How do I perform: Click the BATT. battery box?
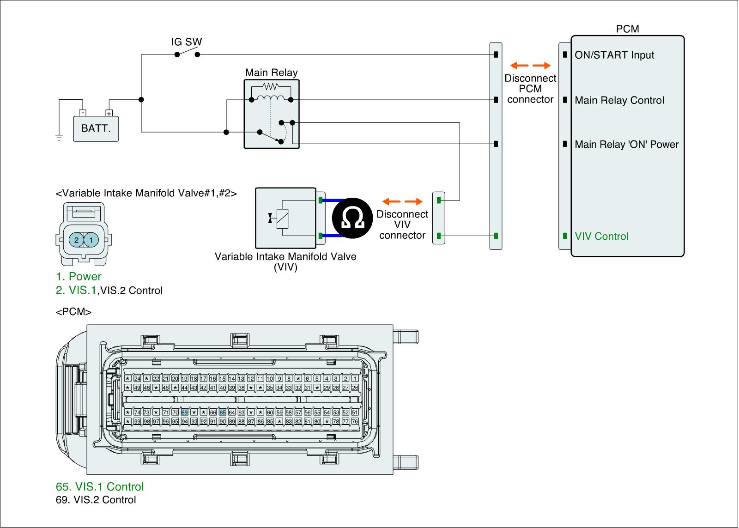tap(96, 128)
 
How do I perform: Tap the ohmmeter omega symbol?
tap(352, 218)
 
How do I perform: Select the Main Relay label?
tap(271, 73)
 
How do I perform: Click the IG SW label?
tap(187, 42)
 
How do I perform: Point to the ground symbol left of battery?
tap(59, 137)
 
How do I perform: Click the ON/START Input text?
tap(614, 55)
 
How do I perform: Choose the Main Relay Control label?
tap(619, 100)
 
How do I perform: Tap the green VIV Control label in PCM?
tap(601, 236)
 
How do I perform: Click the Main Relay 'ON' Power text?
tap(626, 144)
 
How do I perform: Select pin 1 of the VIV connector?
tap(91, 240)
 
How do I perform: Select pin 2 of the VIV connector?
tap(77, 240)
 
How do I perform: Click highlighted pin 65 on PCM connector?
tap(223, 412)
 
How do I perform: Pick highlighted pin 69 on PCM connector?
tap(184, 412)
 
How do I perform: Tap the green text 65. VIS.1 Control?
tap(99, 486)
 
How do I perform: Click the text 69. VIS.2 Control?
tap(96, 500)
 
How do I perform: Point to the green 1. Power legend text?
tap(79, 276)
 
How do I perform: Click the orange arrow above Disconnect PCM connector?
tap(530, 65)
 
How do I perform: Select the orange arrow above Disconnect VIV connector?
tap(403, 201)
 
